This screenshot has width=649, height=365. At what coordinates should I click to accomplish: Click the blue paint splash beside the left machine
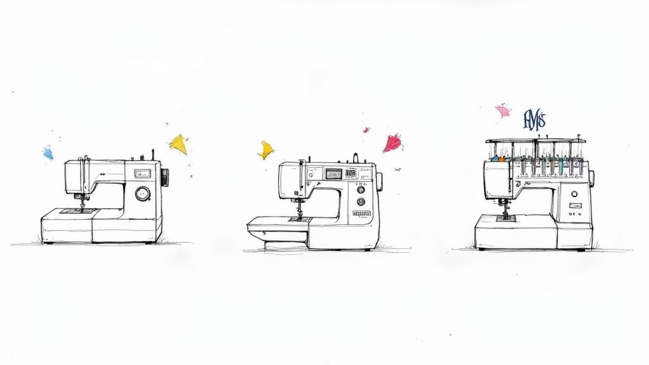coord(48,153)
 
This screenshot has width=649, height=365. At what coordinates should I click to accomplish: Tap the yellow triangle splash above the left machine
coord(179,144)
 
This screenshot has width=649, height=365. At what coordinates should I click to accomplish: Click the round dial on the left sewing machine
coord(143,193)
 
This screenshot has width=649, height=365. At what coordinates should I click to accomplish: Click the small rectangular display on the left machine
coord(142,173)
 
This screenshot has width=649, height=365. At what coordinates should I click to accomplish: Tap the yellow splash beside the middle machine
coord(266,150)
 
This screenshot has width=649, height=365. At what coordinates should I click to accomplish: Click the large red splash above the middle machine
coord(392,143)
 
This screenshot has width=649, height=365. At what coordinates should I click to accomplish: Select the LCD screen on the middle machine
coord(333,173)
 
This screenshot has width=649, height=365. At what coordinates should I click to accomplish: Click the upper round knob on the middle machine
coord(361,189)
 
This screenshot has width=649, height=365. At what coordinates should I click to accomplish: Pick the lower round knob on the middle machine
coord(361,202)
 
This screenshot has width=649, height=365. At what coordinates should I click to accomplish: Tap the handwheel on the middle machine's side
coord(380,181)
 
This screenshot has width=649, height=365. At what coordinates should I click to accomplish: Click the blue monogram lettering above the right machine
coord(534,120)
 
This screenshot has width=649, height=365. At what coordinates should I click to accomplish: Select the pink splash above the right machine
coord(503,111)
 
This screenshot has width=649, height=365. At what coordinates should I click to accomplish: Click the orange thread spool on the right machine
coord(501,158)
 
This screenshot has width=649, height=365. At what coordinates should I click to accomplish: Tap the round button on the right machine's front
coord(574,194)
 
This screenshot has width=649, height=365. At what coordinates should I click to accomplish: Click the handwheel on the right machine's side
coord(591,178)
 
